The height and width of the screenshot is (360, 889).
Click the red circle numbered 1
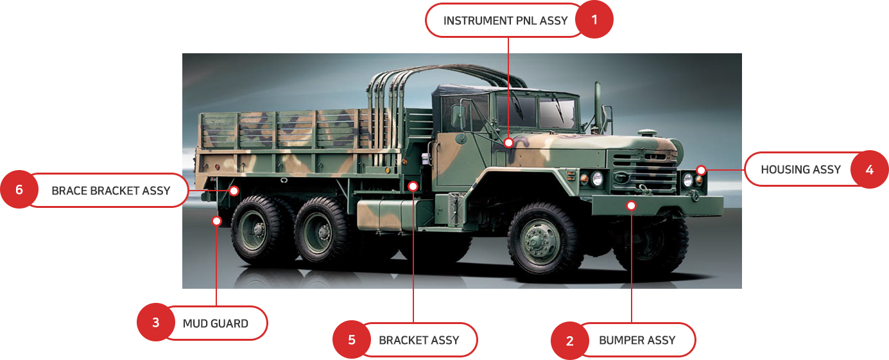(594, 19)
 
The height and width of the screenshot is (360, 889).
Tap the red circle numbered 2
(570, 341)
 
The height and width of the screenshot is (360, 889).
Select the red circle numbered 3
(156, 322)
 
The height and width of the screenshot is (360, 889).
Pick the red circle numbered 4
(870, 169)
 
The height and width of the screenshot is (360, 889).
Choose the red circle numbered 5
(352, 339)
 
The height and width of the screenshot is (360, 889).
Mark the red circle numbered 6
(19, 189)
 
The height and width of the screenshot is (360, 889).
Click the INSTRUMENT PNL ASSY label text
(505, 21)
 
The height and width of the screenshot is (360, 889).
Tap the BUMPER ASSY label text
(637, 340)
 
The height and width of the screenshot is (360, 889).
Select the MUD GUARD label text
(216, 323)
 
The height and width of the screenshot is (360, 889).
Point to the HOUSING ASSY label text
(800, 169)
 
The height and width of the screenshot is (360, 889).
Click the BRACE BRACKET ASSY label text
(111, 191)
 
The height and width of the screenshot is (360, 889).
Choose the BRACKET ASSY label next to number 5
(419, 340)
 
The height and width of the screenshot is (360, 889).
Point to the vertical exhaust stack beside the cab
(598, 107)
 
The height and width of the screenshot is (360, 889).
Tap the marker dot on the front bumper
(631, 205)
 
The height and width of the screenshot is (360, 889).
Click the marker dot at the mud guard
(216, 221)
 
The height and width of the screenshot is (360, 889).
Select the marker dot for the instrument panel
(508, 142)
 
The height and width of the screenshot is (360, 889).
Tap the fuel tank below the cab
(391, 215)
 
